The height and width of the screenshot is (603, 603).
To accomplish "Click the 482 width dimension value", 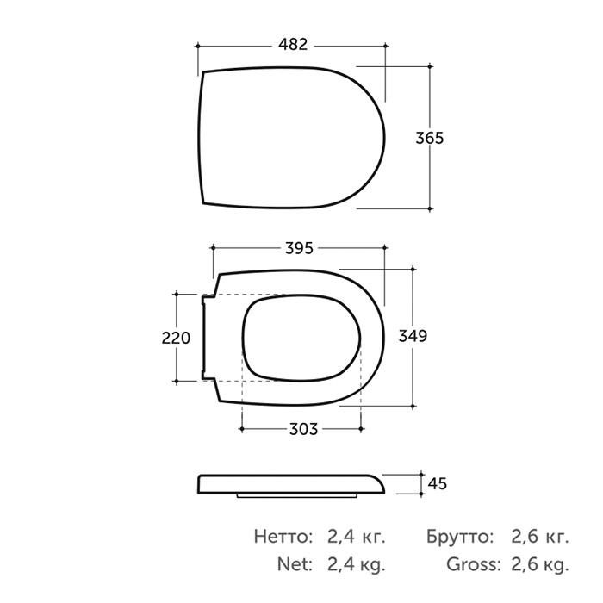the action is pos(293,45).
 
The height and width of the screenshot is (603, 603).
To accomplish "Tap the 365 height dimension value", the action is pos(430,138).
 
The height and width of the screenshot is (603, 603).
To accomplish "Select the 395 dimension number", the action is pos(299,248).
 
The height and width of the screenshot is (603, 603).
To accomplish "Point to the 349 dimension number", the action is pos(413,336).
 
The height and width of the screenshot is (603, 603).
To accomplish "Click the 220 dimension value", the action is pos(176,338).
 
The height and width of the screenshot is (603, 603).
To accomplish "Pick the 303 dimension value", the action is pos(303,429).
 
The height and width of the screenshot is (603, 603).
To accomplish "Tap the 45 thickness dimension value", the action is pos(438,484).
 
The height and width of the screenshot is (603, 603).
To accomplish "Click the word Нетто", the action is pos(283,537).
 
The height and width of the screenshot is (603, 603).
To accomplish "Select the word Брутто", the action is pos(460,537).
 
